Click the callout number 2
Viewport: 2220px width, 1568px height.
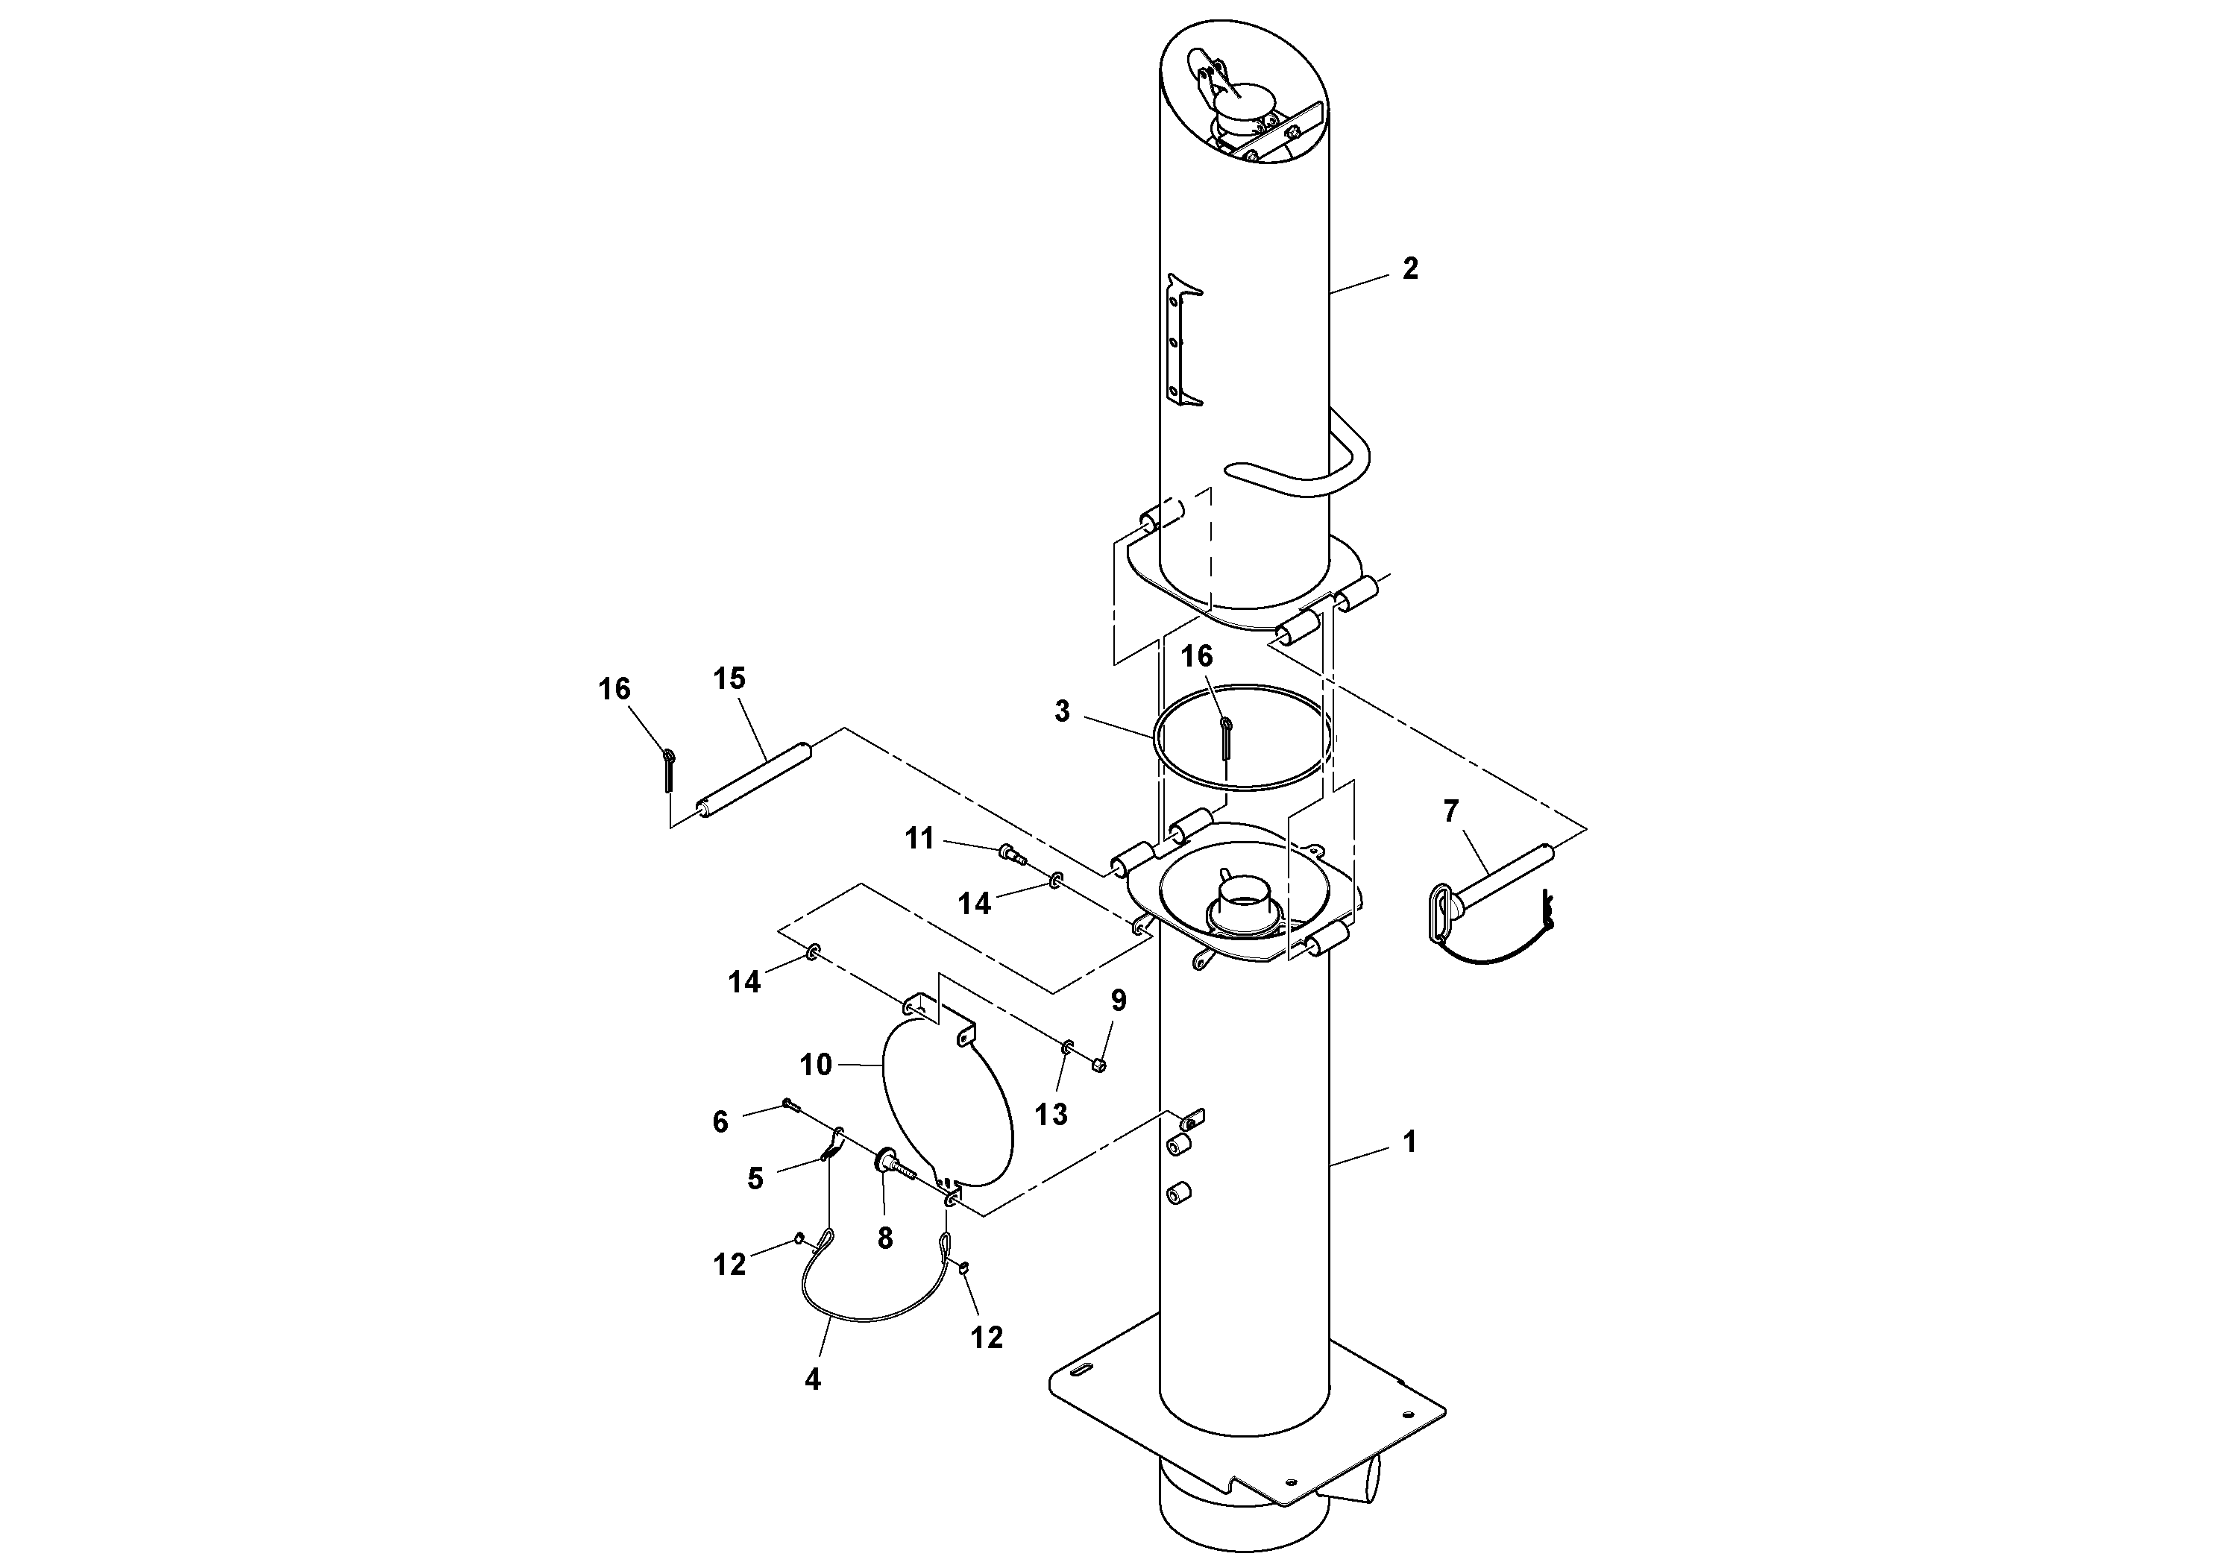point(1409,268)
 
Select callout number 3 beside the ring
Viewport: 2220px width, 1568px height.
point(1062,711)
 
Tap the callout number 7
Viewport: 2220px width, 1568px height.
point(1450,812)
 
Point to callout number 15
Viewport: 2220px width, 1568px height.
point(729,678)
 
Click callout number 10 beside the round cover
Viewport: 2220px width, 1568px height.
point(815,1064)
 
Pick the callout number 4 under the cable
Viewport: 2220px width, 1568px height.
point(812,1379)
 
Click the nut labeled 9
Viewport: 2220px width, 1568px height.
point(1099,1064)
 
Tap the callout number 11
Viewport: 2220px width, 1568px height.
point(919,838)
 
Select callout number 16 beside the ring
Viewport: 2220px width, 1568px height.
point(1196,656)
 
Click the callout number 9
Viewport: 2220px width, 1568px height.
point(1119,1001)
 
